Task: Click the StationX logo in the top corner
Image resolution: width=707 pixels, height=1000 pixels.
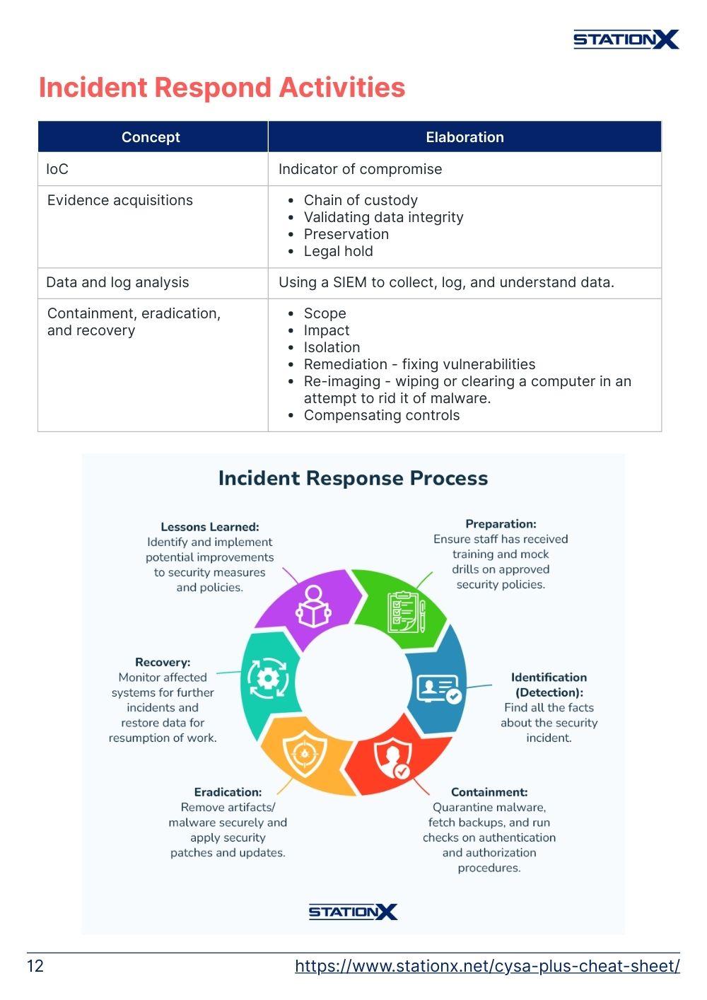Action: (626, 40)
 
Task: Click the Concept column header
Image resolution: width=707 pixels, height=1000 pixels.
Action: (151, 137)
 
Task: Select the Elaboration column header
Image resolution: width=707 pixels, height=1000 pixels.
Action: (464, 137)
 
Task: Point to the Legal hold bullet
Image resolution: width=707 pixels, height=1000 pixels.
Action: (339, 251)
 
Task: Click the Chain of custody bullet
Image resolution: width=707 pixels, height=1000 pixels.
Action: (361, 200)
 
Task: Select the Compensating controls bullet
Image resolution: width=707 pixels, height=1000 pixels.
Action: (382, 415)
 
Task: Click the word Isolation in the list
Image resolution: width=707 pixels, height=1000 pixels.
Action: (332, 347)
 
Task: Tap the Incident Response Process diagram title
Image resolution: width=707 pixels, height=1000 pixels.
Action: (353, 477)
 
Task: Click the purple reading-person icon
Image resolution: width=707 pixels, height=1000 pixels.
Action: (313, 606)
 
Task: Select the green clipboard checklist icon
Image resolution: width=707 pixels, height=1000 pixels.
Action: (406, 612)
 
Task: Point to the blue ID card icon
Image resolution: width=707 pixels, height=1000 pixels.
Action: (439, 689)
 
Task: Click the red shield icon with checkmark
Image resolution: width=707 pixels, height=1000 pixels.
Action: (392, 758)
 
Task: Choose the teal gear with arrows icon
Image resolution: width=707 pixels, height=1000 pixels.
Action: (268, 678)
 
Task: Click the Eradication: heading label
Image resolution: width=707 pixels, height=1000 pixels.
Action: (228, 792)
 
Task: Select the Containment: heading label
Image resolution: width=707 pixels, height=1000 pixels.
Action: (489, 792)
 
